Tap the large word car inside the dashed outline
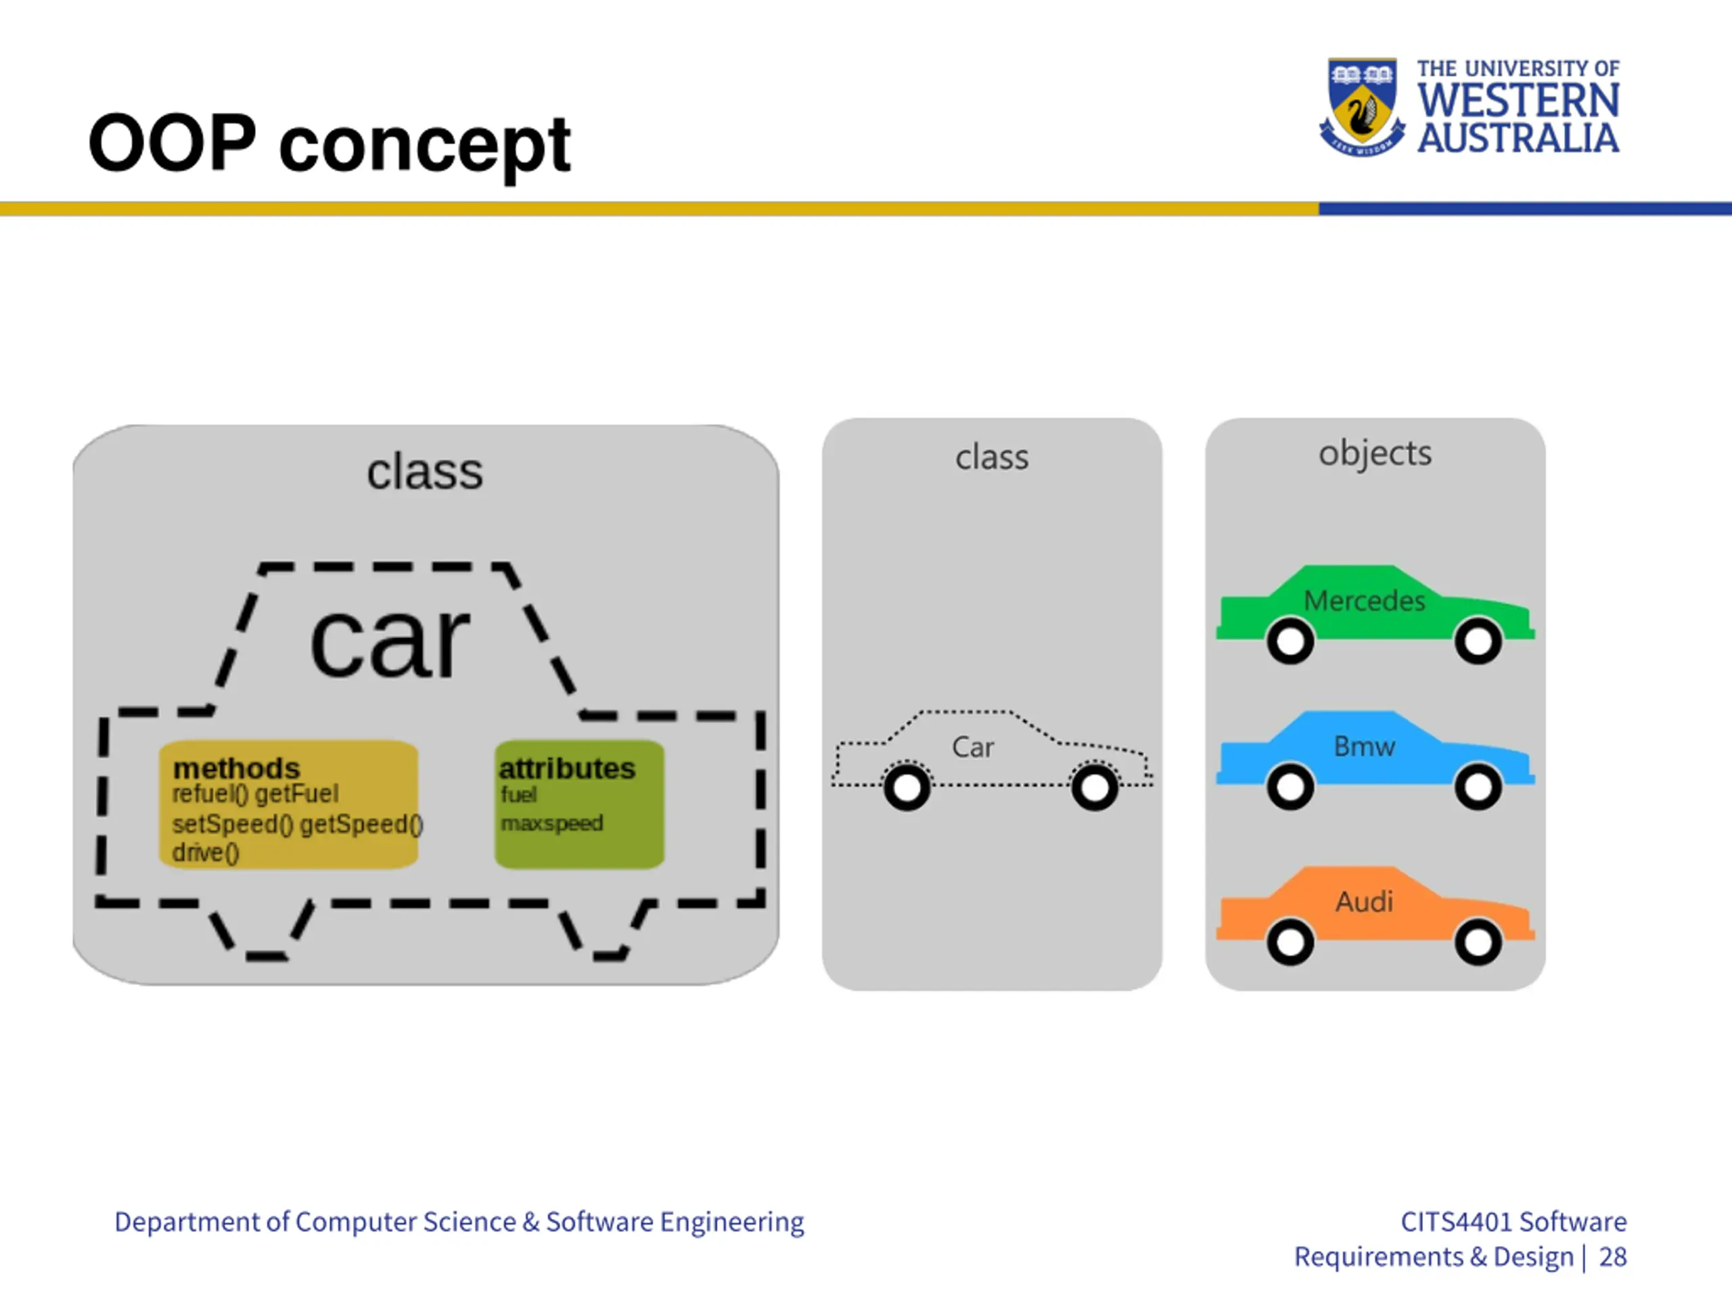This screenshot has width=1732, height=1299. (x=390, y=641)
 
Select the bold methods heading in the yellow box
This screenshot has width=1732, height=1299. (x=237, y=767)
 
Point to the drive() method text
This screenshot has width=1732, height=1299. (x=205, y=852)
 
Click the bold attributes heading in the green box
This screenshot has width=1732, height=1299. (x=567, y=768)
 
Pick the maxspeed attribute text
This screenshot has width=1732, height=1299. (x=552, y=823)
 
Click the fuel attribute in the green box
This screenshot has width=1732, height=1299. (x=519, y=795)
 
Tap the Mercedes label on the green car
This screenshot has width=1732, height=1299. (x=1364, y=601)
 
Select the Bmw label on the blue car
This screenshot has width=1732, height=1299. (x=1364, y=746)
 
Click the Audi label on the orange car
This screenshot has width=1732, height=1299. (x=1364, y=901)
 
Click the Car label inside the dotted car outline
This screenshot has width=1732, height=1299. (x=972, y=747)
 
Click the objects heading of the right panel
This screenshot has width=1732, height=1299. (x=1375, y=453)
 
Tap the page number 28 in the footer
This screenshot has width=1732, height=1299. (x=1612, y=1257)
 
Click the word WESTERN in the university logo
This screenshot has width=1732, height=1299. (x=1518, y=101)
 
